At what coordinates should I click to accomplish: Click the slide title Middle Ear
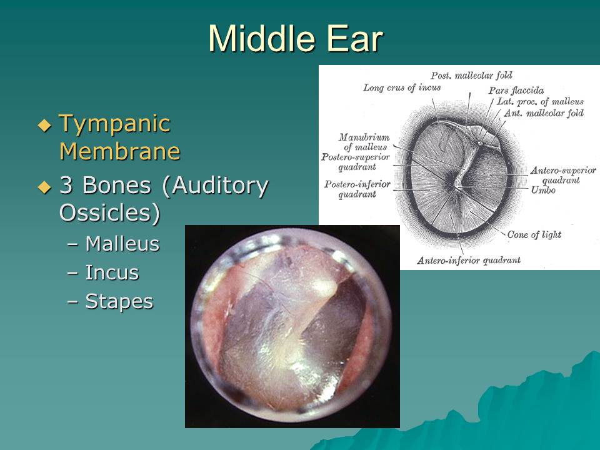pos(296,39)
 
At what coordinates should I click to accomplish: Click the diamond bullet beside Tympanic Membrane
pos(44,126)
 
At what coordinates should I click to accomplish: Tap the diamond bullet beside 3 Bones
pos(44,187)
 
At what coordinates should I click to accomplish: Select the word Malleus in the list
pos(122,244)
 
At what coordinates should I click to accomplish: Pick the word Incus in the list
pos(112,272)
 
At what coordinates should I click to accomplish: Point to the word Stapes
pos(119,302)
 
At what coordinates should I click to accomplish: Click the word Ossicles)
pos(109,212)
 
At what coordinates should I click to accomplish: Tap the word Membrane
pos(120,151)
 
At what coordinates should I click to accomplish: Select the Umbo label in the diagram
pos(543,190)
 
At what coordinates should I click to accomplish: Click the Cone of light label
pos(534,234)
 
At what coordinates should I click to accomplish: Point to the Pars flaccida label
pos(516,90)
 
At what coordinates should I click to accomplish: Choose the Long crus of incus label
pos(402,87)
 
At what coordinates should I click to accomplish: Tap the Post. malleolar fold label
pos(471,76)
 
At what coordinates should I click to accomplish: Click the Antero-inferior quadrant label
pos(469,261)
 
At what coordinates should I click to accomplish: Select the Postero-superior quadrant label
pos(356,162)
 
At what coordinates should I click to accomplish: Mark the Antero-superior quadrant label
pos(563,175)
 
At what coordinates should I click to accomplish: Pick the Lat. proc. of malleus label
pos(540,102)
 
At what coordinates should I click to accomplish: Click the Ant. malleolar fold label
pos(543,113)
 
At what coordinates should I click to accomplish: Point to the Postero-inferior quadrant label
pos(357,189)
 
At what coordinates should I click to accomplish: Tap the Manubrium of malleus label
pos(364,142)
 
